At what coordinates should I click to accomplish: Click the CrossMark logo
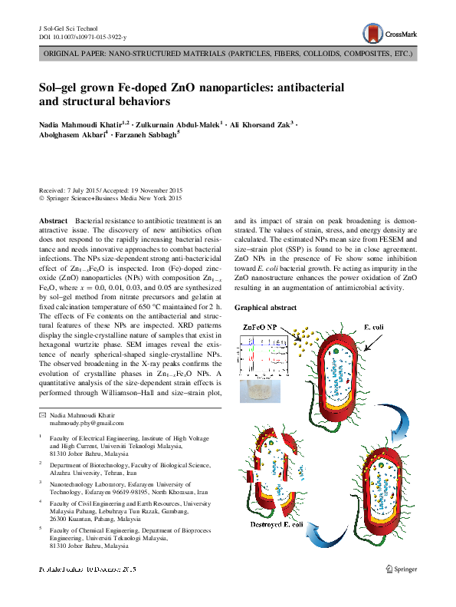point(389,33)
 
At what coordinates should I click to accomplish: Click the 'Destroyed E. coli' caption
point(283,524)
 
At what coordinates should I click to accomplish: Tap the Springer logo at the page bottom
point(401,569)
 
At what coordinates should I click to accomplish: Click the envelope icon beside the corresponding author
point(42,414)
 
